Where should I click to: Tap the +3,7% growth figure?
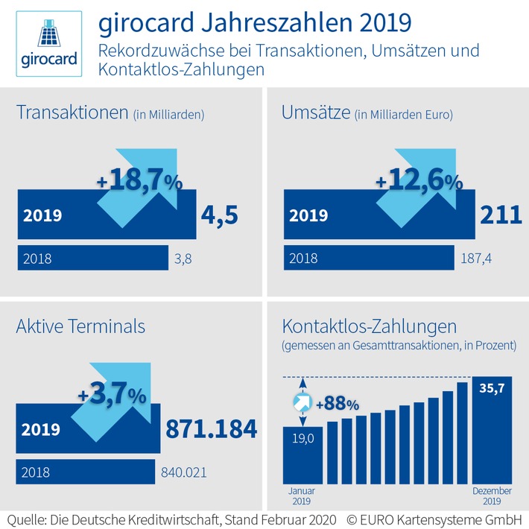coord(113,394)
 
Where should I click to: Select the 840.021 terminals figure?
coord(184,472)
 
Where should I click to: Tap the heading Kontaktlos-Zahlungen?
coord(369,326)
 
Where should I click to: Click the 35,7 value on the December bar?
coord(491,388)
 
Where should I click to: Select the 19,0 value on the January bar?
coord(302,439)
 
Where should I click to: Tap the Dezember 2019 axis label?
coord(491,496)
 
